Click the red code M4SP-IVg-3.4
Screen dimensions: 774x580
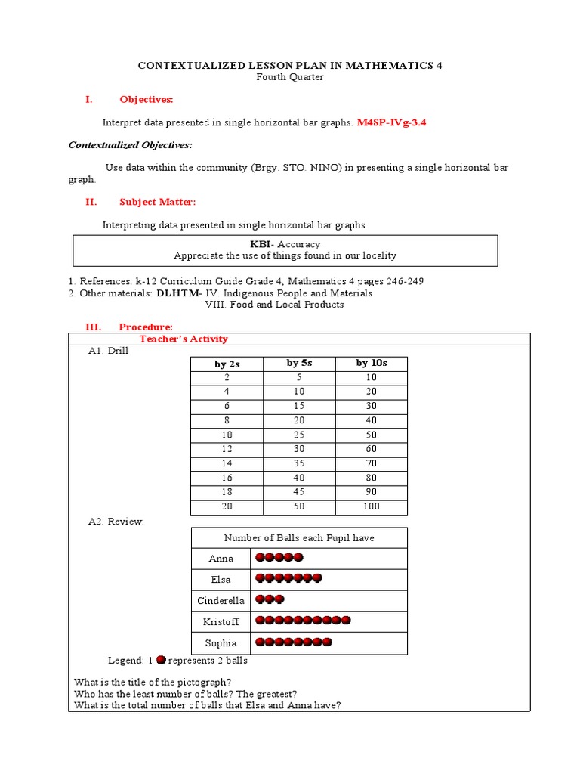[x=397, y=122]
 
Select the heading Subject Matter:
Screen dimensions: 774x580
[x=157, y=201]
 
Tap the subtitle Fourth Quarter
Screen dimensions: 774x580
[x=289, y=77]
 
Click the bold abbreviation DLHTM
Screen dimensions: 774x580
[x=178, y=293]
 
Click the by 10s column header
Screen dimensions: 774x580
[x=371, y=363]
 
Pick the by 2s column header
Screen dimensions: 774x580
[x=227, y=364]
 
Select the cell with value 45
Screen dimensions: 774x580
[x=299, y=492]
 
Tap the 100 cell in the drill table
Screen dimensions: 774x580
[x=371, y=506]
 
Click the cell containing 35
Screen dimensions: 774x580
[x=299, y=463]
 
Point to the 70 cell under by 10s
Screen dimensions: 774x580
[x=371, y=463]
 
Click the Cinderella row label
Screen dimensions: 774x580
[x=221, y=601]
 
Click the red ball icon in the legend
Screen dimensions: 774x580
[x=161, y=660]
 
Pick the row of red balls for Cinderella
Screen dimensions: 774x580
[x=270, y=599]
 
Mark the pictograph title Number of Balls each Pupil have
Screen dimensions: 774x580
[x=299, y=537]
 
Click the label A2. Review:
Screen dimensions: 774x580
[x=116, y=522]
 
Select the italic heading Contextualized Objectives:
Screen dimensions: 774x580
[x=130, y=144]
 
